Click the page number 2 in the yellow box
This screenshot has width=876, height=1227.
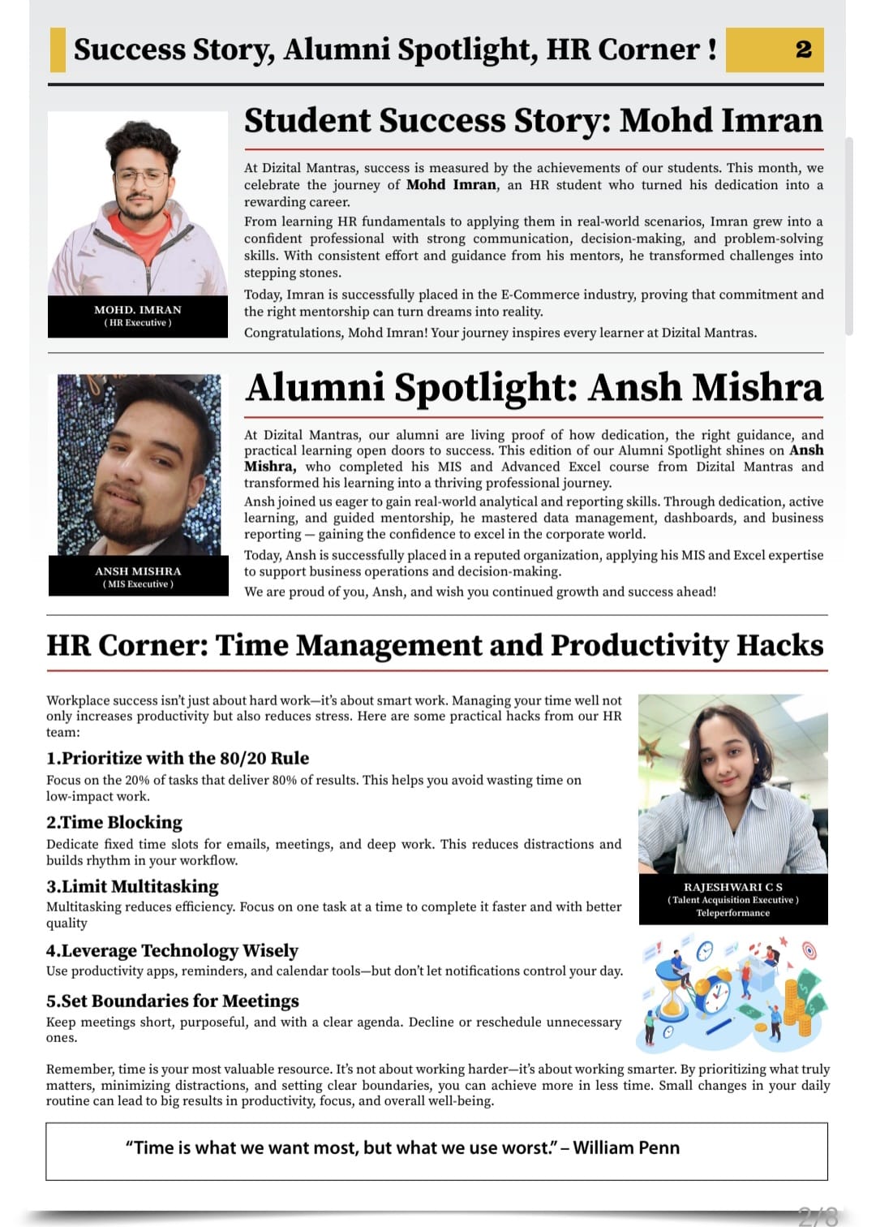803,50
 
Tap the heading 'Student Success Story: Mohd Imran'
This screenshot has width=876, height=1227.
533,120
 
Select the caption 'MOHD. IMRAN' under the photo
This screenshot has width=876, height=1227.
138,310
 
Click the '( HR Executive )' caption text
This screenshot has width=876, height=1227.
138,323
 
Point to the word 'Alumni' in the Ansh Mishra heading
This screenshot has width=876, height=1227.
316,387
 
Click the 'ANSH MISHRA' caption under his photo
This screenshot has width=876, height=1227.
138,571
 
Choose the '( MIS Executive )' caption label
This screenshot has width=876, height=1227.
138,584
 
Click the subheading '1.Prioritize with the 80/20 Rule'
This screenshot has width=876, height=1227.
178,758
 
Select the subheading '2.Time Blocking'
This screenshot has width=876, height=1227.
114,822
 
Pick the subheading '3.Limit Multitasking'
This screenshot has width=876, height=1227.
132,886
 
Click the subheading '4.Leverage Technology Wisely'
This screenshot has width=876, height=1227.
172,950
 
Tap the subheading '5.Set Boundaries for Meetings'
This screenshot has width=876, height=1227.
173,1001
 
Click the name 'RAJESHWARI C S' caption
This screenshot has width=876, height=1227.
732,887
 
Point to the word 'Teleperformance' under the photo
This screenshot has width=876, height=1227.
732,913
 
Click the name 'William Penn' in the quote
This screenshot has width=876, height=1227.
626,1147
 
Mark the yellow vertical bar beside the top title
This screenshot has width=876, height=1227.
58,50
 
